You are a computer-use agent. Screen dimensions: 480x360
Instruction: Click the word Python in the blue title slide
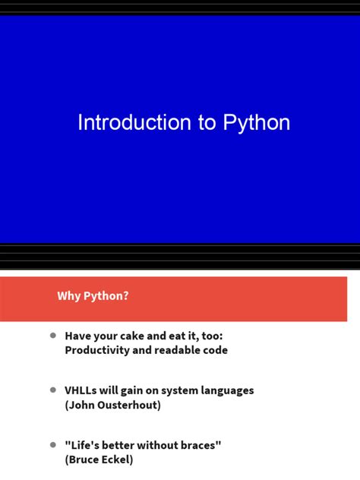pyautogui.click(x=257, y=124)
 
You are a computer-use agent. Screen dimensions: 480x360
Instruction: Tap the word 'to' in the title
pyautogui.click(x=207, y=124)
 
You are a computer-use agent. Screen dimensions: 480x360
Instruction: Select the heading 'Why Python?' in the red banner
pyautogui.click(x=93, y=296)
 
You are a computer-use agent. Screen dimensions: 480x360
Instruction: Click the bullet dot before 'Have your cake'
pyautogui.click(x=53, y=335)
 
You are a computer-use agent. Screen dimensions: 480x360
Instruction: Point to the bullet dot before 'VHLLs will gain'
pyautogui.click(x=53, y=390)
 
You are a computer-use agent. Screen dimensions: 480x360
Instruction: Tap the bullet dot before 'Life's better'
pyautogui.click(x=53, y=444)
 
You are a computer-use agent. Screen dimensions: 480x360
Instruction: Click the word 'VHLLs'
pyautogui.click(x=82, y=390)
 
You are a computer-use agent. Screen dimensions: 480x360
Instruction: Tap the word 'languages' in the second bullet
pyautogui.click(x=225, y=390)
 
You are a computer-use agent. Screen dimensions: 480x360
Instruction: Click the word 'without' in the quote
pyautogui.click(x=156, y=445)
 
